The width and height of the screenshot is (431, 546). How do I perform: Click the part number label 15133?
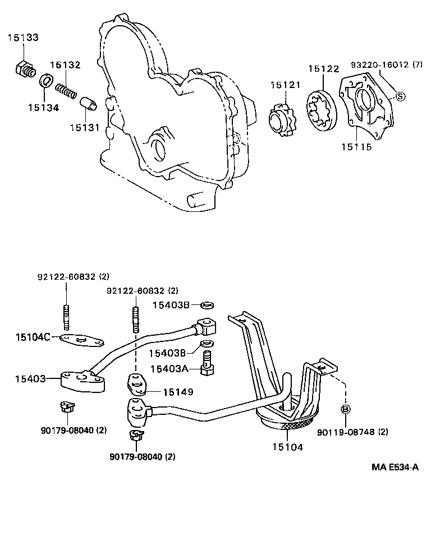tap(23, 38)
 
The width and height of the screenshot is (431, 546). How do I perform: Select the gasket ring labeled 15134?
tap(47, 81)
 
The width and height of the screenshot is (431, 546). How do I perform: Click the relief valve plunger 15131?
tap(89, 104)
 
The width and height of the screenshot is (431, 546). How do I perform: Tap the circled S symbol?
tap(400, 96)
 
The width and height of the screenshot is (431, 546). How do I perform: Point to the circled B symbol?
tap(346, 409)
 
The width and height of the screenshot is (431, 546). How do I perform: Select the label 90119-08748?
tap(352, 432)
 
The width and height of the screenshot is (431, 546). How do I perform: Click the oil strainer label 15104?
tap(287, 447)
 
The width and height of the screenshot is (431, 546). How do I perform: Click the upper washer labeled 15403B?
tap(207, 305)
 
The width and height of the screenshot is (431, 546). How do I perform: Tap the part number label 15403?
tap(29, 380)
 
